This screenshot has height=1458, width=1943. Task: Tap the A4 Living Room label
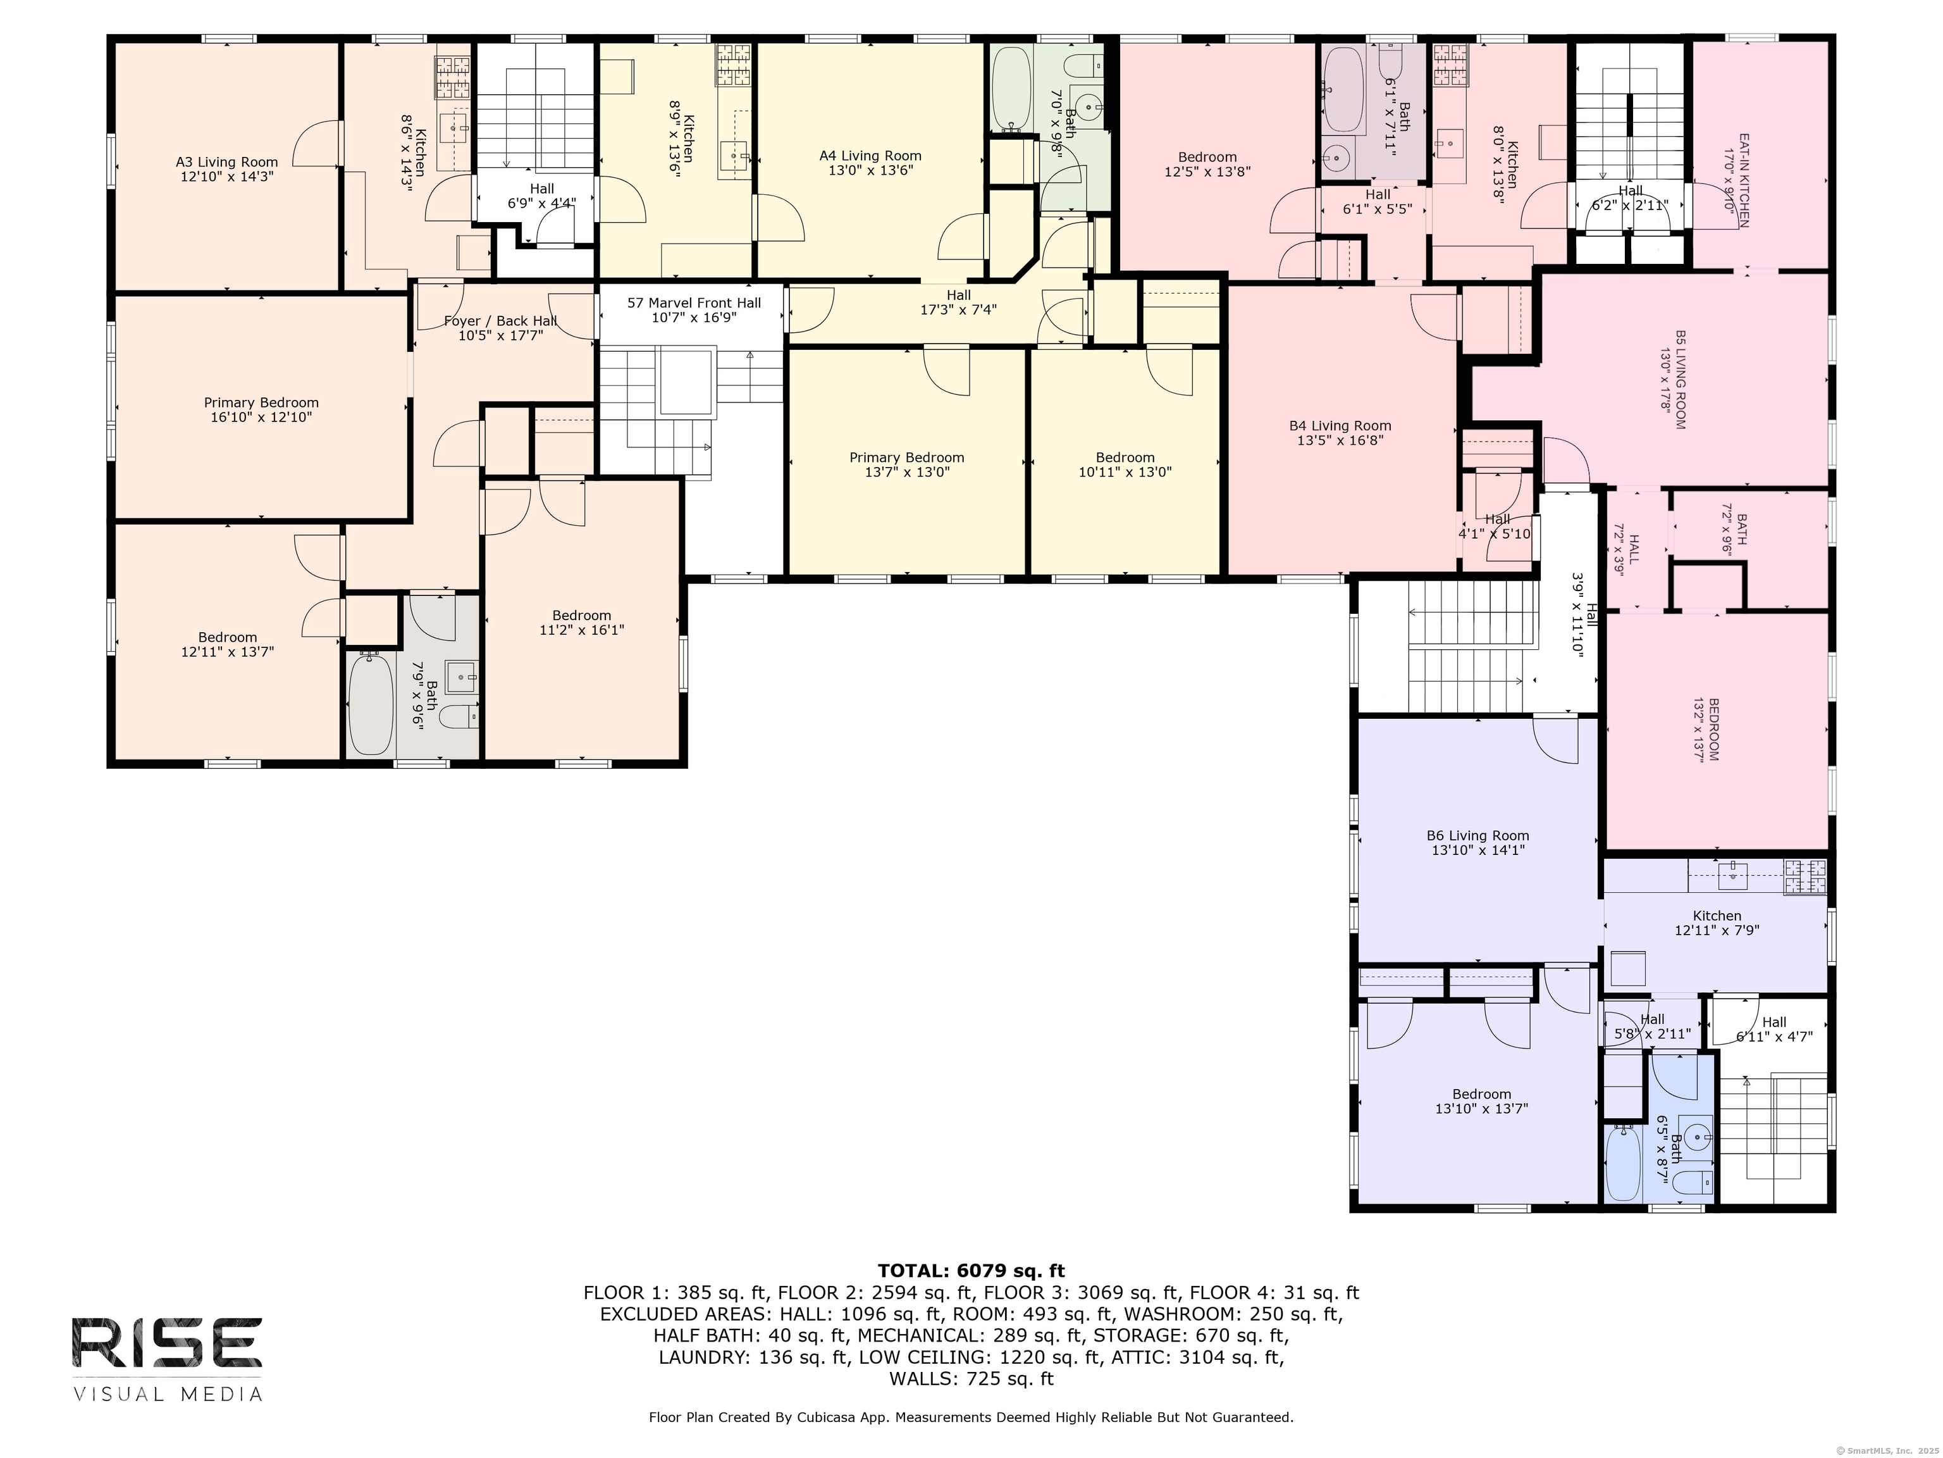click(870, 156)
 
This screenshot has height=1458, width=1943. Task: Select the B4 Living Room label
click(1340, 425)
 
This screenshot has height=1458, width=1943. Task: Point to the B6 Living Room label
click(1477, 836)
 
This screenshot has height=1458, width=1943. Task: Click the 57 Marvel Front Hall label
click(694, 302)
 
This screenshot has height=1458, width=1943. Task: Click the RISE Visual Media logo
click(167, 1359)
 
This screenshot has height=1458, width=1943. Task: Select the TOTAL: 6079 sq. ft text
click(971, 1270)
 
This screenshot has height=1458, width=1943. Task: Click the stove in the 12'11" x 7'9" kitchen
click(1805, 877)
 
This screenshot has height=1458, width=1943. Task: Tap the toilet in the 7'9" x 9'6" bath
click(459, 718)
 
